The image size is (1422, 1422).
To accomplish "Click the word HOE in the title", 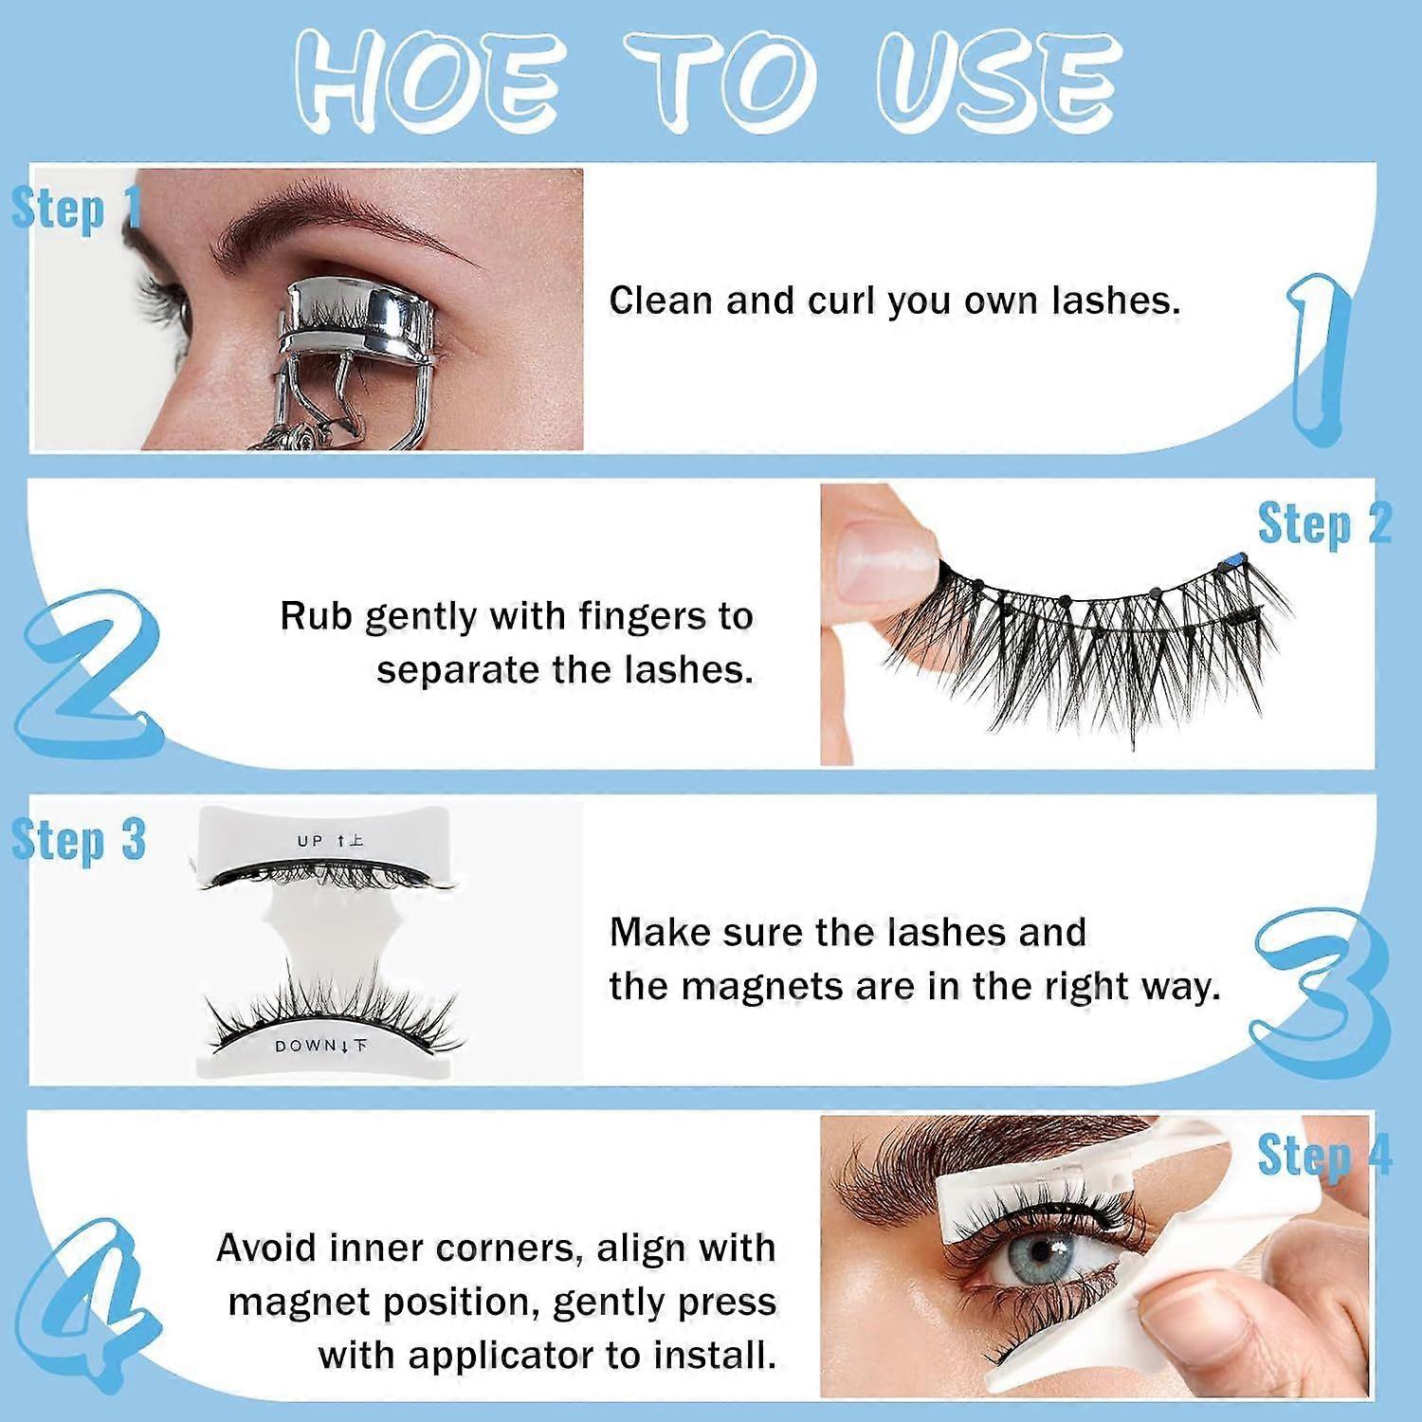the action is click(x=428, y=80).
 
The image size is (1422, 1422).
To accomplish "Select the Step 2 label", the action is click(x=1324, y=524).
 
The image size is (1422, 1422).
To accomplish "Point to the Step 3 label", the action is click(x=79, y=840).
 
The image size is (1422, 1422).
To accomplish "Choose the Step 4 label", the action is click(x=1324, y=1156).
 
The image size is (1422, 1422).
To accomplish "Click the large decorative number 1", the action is click(x=1320, y=360).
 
